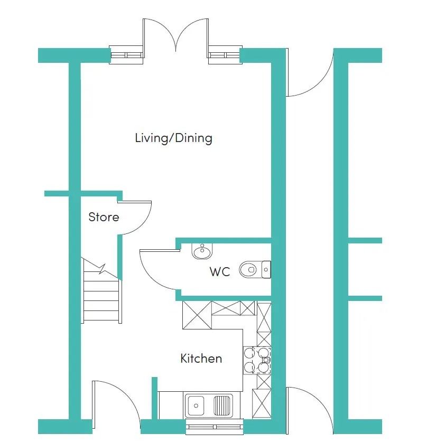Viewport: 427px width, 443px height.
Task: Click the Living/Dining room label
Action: [173, 139]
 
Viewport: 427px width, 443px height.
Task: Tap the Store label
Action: [104, 217]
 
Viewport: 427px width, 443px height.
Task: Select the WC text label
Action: [220, 272]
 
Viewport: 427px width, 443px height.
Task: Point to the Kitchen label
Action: [201, 359]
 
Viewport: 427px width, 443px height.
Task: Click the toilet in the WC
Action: [254, 270]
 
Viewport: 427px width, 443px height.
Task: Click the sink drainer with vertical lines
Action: [222, 406]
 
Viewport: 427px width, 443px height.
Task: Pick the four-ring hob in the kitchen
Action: [257, 360]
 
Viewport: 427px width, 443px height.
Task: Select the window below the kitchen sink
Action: [214, 426]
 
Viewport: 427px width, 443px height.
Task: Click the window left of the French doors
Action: [127, 55]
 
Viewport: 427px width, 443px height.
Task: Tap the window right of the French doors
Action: [225, 55]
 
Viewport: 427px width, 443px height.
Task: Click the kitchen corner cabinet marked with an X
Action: [196, 315]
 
